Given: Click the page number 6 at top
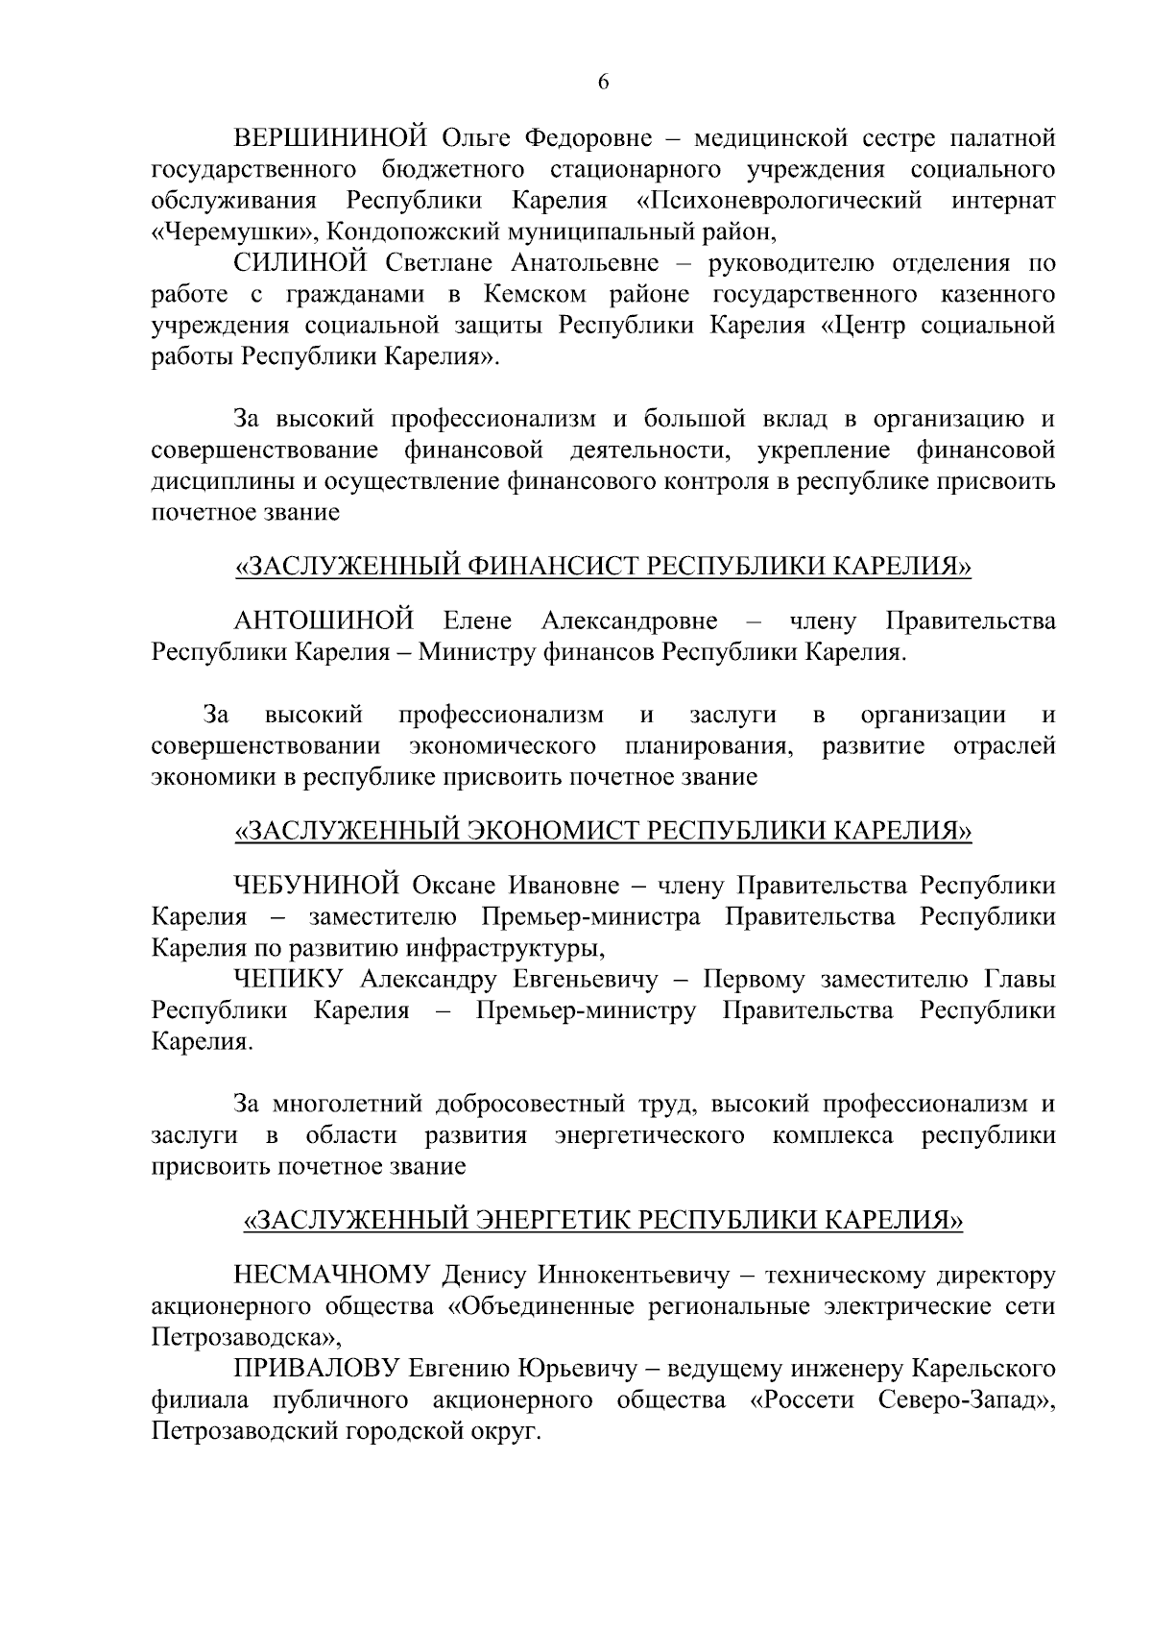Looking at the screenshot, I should tap(603, 84).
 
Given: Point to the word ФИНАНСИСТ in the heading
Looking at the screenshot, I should tap(553, 567).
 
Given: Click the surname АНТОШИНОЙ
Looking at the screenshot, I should tap(324, 620).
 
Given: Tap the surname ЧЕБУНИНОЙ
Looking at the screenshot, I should tap(316, 884).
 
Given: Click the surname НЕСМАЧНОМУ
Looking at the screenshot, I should tap(331, 1276).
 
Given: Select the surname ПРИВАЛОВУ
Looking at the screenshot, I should tap(314, 1368).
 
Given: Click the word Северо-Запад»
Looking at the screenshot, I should tap(966, 1400).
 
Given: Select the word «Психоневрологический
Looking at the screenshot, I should tap(780, 201).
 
